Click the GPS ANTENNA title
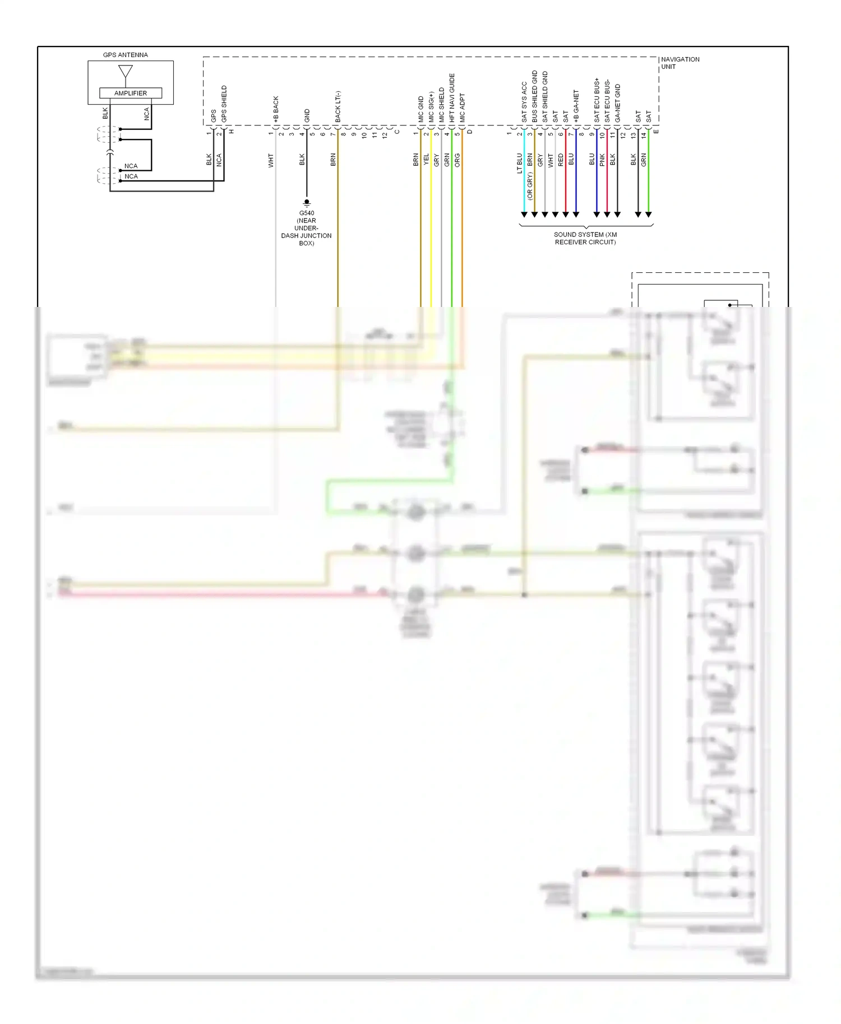point(125,55)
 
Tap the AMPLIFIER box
point(130,93)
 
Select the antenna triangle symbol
point(126,72)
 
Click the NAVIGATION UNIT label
point(680,63)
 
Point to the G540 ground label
point(306,213)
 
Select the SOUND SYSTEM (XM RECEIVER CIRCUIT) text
point(585,238)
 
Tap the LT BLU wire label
point(520,163)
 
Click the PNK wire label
point(602,160)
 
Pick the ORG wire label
point(458,160)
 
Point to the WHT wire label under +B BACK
point(271,160)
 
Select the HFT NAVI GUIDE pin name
point(452,98)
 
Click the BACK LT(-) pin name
point(338,106)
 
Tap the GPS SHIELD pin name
point(224,104)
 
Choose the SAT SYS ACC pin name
point(524,102)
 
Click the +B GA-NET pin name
point(576,106)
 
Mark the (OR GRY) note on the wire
point(530,186)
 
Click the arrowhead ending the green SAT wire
point(649,215)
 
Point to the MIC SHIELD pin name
point(442,105)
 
